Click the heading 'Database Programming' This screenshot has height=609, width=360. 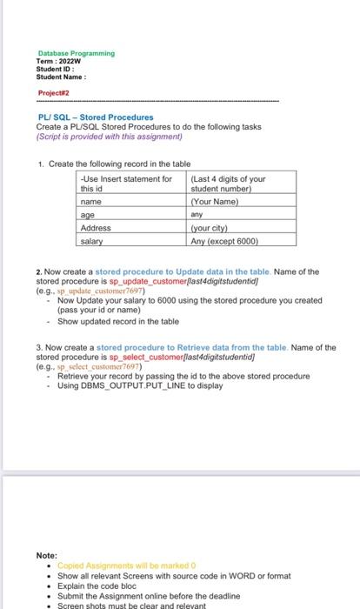pos(76,53)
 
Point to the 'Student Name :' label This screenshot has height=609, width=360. pos(63,77)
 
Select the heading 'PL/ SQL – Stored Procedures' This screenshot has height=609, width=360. pos(96,117)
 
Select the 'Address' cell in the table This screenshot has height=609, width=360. pos(96,227)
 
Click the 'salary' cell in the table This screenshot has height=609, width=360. pos(91,241)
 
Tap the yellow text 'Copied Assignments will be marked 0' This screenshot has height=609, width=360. pos(121,565)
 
